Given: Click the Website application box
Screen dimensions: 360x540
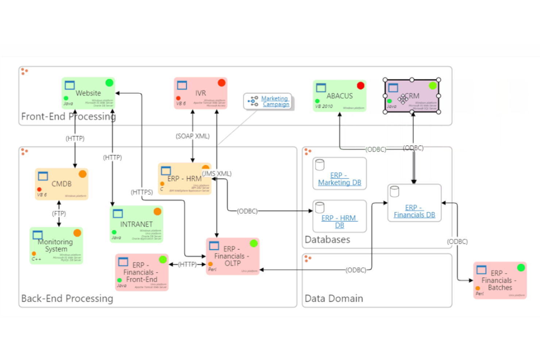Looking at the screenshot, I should pyautogui.click(x=88, y=93).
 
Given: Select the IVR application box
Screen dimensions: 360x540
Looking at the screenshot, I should pyautogui.click(x=200, y=93).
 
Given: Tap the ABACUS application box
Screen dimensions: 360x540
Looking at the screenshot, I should pyautogui.click(x=339, y=96).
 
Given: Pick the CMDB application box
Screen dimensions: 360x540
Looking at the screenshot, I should pyautogui.click(x=61, y=184).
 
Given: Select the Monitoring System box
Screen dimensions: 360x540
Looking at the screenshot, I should pyautogui.click(x=56, y=245).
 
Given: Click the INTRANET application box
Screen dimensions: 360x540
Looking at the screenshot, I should pyautogui.click(x=136, y=224).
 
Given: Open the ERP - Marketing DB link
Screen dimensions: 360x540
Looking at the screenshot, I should pyautogui.click(x=339, y=179).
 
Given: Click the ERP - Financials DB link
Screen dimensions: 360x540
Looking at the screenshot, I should pyautogui.click(x=414, y=211).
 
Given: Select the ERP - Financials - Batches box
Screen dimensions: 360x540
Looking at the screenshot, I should pyautogui.click(x=499, y=280).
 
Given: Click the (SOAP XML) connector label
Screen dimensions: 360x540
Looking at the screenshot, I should pyautogui.click(x=193, y=136).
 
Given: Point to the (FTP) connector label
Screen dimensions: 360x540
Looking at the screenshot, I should pyautogui.click(x=59, y=213).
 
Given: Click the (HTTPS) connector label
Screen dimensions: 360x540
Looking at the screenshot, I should pyautogui.click(x=142, y=192).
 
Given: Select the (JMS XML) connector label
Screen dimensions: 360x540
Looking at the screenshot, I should pyautogui.click(x=217, y=174).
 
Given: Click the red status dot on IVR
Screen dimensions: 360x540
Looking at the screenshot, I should pyautogui.click(x=221, y=83).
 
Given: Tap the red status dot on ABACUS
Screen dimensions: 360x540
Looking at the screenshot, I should pyautogui.click(x=360, y=85).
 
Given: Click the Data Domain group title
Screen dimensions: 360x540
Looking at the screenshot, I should pyautogui.click(x=333, y=298).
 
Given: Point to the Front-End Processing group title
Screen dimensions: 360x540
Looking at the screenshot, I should pyautogui.click(x=68, y=116).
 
